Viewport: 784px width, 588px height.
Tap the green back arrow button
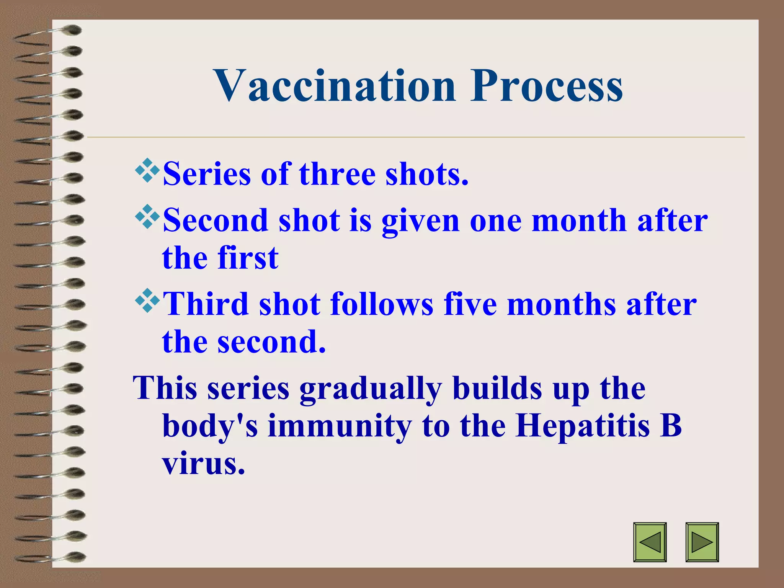(x=650, y=542)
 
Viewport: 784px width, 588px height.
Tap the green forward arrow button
(x=702, y=542)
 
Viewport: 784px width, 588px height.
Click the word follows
(x=382, y=304)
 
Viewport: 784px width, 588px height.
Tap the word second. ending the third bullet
(x=271, y=341)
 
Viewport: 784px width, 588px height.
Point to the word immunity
(x=340, y=426)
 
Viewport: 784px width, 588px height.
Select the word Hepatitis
(x=582, y=426)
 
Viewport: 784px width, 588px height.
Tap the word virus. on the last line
(x=203, y=464)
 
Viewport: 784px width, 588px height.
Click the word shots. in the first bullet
(x=427, y=175)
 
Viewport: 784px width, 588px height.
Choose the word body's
(x=210, y=426)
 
